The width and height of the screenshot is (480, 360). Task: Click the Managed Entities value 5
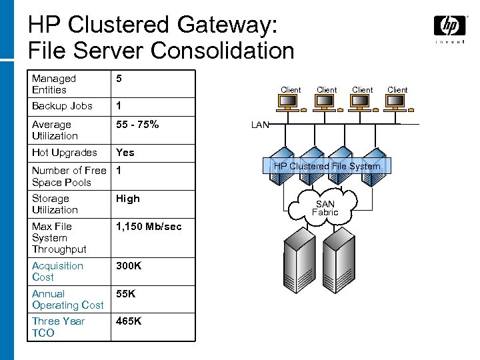119,79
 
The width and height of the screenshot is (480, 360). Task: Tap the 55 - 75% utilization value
137,124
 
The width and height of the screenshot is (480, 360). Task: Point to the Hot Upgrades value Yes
125,152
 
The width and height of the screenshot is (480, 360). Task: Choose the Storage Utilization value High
128,198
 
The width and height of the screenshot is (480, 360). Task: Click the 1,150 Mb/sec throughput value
148,227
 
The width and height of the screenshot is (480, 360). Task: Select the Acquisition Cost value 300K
128,265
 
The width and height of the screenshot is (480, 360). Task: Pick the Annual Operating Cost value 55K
125,293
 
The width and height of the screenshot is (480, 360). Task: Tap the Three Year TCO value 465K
128,321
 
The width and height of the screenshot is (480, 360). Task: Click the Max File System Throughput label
59,238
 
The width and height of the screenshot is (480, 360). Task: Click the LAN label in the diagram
259,125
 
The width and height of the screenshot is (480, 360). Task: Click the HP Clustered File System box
327,166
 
